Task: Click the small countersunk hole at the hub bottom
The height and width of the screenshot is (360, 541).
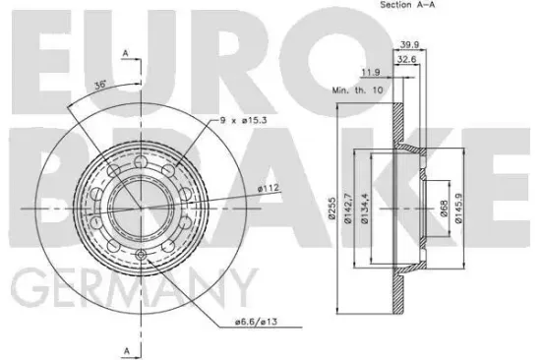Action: coord(143,257)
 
